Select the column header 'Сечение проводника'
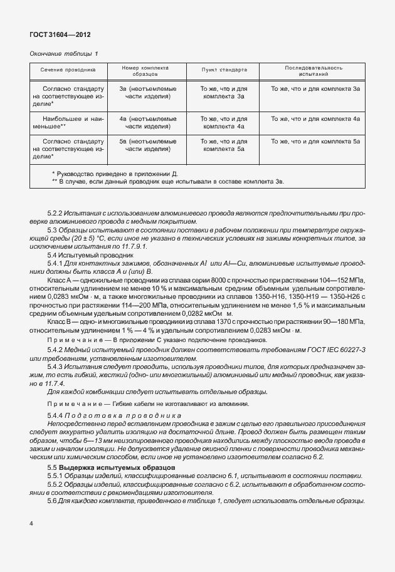pos(68,71)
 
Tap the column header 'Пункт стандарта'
pos(224,71)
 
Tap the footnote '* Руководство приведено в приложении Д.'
pos(115,172)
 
